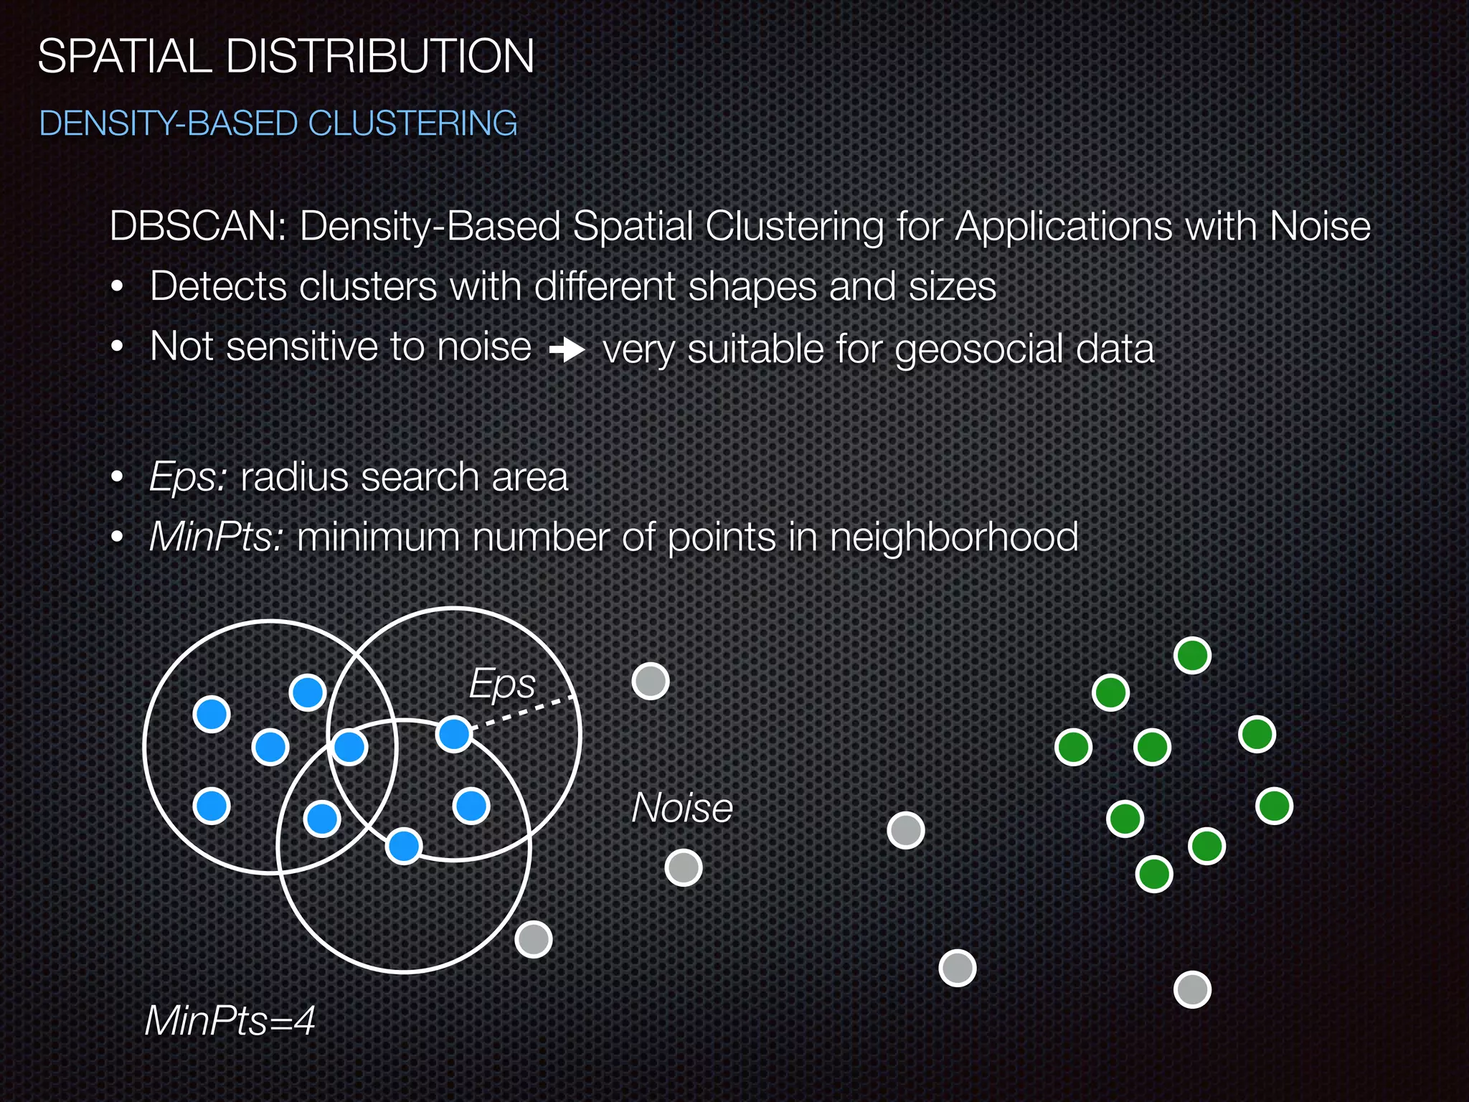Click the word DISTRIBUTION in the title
coord(379,57)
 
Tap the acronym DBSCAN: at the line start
coord(198,227)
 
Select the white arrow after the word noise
coord(567,351)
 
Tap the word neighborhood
coord(953,537)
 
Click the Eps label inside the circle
coord(501,683)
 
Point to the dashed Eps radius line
coord(524,712)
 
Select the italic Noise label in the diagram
coord(682,808)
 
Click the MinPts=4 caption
coord(230,1020)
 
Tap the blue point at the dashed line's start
coord(453,734)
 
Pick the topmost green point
coord(1192,655)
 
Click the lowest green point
coord(1154,874)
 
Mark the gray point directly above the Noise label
coord(651,681)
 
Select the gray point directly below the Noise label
coord(683,868)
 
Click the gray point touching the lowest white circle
coord(534,939)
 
